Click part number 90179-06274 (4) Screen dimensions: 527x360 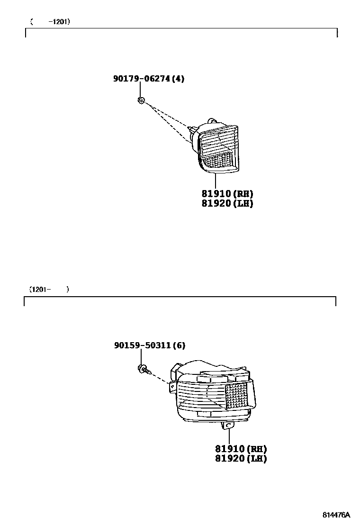148,79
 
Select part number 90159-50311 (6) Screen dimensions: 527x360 149,346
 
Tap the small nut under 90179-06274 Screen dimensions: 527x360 141,100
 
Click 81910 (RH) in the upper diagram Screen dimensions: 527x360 227,194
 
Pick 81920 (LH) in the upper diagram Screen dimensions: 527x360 227,204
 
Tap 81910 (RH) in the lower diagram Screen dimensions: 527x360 241,449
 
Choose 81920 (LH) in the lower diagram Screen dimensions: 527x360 241,459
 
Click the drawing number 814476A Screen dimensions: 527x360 336,515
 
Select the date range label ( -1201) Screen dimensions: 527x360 50,21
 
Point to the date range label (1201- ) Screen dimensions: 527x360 49,289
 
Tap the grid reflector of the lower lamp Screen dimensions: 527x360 236,396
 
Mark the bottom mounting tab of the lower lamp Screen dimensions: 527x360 228,426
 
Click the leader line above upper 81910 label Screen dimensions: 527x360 216,181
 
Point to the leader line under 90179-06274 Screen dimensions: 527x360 141,90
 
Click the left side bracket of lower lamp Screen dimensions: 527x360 171,388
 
